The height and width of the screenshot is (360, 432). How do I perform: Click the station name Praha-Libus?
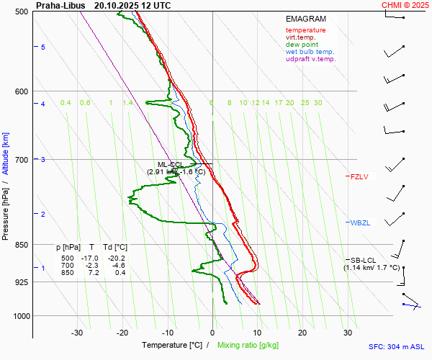click(61, 5)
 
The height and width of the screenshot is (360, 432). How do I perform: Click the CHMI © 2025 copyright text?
click(405, 5)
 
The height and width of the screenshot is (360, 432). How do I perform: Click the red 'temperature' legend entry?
click(305, 30)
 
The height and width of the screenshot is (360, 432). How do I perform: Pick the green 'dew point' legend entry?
click(302, 45)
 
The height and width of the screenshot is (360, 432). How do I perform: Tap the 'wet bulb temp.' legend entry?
click(310, 52)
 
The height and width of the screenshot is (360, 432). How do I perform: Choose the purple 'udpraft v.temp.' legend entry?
click(310, 59)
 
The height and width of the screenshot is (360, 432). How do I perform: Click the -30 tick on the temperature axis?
click(77, 333)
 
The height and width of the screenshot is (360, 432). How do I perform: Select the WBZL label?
click(360, 223)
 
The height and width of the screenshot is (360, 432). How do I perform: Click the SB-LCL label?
click(363, 260)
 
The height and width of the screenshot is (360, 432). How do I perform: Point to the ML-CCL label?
click(171, 165)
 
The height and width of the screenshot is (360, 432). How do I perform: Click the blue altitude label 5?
click(43, 47)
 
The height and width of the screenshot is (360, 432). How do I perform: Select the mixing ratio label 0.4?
click(66, 103)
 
